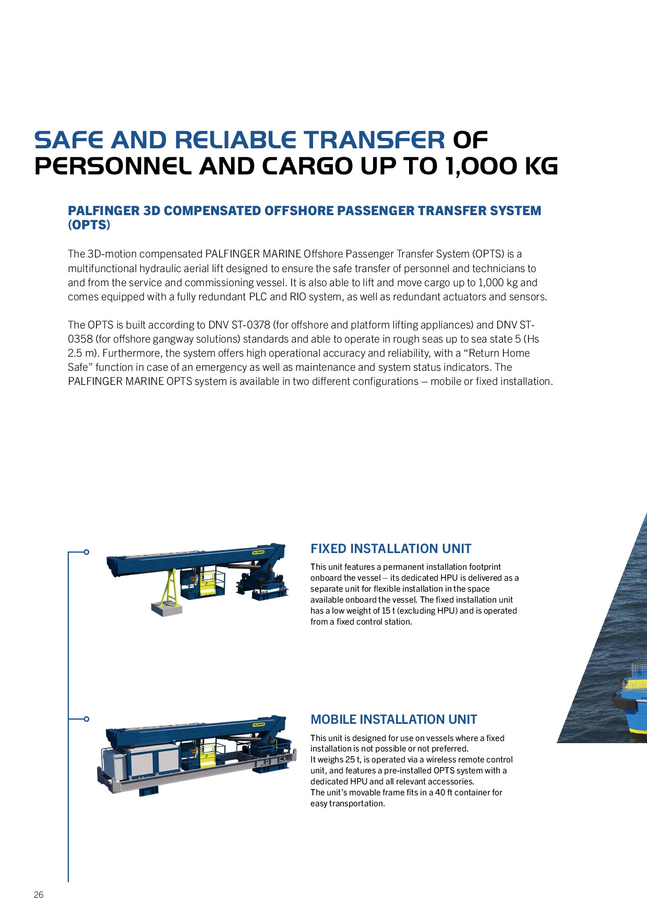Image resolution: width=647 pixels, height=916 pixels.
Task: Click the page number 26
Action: pos(39,895)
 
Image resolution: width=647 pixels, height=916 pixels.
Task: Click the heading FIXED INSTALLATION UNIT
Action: pos(391,549)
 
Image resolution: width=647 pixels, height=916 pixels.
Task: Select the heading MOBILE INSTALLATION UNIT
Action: pos(393,720)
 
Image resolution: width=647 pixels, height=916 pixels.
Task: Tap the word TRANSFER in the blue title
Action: pos(374,140)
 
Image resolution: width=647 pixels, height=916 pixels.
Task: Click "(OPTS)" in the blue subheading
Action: pos(89,225)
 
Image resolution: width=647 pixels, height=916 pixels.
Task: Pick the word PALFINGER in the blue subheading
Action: pos(104,211)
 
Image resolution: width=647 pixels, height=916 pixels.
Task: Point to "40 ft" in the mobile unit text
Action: pos(444,793)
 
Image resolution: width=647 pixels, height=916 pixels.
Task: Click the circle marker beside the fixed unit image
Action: pos(87,552)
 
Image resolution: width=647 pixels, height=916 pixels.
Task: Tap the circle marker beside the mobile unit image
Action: pos(87,719)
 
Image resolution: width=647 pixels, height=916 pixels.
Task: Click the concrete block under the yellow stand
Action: pos(166,609)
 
